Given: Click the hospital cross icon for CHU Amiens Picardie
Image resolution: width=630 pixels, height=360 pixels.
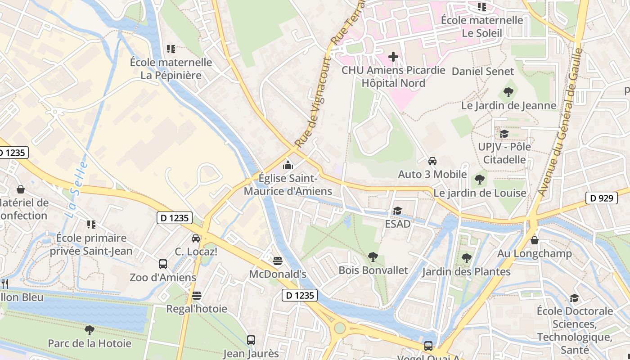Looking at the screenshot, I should (393, 57).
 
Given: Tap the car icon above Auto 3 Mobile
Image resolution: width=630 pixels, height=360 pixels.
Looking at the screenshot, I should (432, 161).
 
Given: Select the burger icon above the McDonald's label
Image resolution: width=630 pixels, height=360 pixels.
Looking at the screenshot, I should (278, 261).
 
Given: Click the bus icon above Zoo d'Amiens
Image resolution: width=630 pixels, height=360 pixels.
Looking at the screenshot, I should (163, 264).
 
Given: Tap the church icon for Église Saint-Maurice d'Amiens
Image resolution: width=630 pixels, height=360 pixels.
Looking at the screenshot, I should (288, 165).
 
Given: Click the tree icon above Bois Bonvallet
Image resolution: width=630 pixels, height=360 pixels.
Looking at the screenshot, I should (373, 257).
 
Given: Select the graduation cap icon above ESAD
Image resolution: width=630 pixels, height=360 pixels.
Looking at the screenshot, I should (397, 211).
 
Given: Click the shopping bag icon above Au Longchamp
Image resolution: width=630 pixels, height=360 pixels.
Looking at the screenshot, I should (535, 240).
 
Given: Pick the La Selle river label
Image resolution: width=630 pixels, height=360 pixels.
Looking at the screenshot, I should (76, 190).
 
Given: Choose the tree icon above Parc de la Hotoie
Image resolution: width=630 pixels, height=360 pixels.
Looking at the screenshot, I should (90, 330).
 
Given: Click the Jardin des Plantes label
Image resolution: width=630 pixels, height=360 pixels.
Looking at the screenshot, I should (466, 271).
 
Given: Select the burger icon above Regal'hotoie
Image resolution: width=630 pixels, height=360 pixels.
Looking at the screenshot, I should (197, 296).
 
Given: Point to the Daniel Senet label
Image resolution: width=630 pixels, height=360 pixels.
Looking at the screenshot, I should (482, 71).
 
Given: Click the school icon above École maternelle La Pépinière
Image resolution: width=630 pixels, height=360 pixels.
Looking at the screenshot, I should (171, 49).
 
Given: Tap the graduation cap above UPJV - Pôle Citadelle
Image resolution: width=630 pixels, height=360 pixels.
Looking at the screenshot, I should (504, 134).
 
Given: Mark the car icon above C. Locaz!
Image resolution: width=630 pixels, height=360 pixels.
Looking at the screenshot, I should (196, 238).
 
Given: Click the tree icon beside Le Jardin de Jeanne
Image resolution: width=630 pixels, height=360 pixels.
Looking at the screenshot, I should (508, 92).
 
